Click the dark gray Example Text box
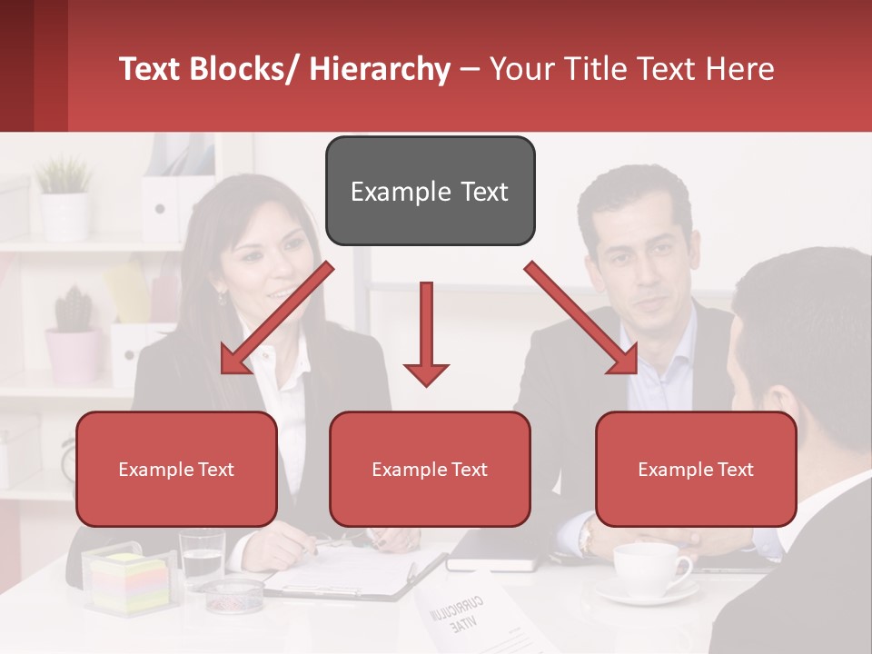430,191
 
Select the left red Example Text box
176,469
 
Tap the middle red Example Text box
430,469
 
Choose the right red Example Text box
696,469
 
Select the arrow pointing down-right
581,318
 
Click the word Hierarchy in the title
380,69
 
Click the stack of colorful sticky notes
130,583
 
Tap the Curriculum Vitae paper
477,618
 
